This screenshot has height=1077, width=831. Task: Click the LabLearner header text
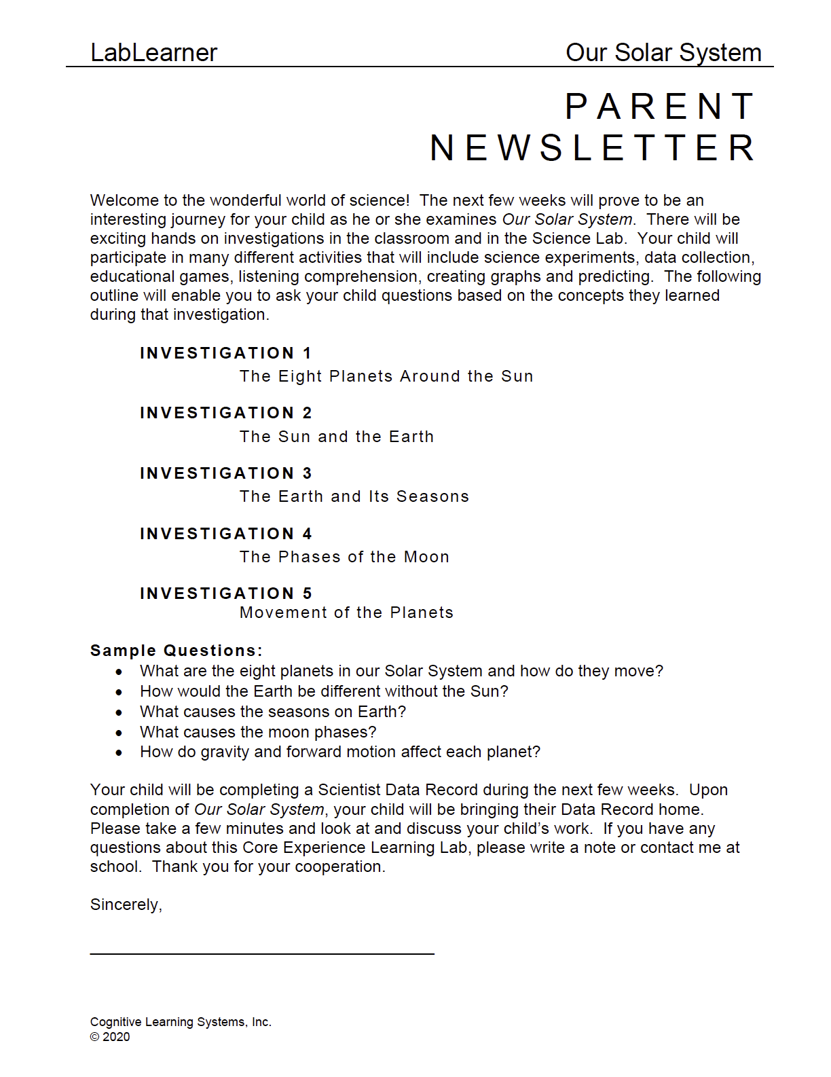(x=153, y=53)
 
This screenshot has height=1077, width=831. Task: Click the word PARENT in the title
(x=660, y=107)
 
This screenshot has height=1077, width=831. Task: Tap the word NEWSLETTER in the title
(x=593, y=149)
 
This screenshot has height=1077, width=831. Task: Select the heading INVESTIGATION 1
(x=225, y=353)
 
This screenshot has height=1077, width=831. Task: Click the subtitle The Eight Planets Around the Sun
(x=386, y=376)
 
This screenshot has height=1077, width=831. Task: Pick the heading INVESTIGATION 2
(x=225, y=413)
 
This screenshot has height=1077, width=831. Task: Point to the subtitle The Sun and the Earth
(x=337, y=437)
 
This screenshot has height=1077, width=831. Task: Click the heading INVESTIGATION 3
(x=225, y=473)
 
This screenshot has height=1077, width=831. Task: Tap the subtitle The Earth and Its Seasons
(x=354, y=496)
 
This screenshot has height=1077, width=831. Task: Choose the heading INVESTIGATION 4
(x=225, y=534)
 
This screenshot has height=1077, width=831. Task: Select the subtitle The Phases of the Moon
(x=344, y=557)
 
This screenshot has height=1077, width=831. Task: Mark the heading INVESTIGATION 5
(x=225, y=594)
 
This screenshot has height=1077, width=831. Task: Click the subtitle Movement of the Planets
(x=346, y=613)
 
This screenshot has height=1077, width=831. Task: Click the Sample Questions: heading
(x=176, y=651)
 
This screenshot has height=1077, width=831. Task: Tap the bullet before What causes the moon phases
(x=119, y=733)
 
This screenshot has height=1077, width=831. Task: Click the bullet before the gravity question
(x=119, y=752)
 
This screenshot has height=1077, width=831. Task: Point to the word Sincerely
(x=126, y=905)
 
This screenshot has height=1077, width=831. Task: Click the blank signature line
(x=261, y=953)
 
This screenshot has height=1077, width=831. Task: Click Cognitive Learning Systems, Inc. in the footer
(x=181, y=1022)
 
